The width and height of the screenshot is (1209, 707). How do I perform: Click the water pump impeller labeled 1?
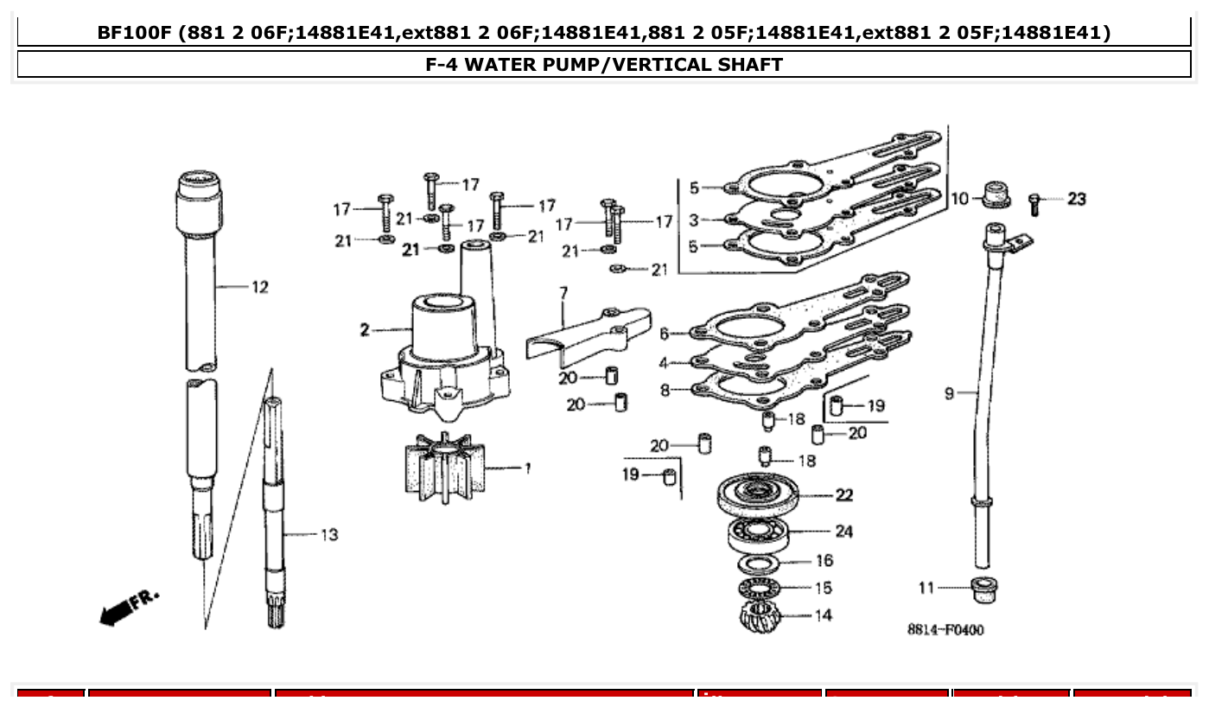[x=444, y=467]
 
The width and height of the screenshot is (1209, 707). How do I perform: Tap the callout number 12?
[x=259, y=287]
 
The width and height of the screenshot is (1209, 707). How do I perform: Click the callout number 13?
[x=328, y=535]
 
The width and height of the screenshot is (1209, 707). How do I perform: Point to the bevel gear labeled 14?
[x=760, y=617]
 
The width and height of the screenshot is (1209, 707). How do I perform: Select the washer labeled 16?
[x=760, y=564]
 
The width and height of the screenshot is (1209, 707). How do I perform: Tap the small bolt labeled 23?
[x=1034, y=204]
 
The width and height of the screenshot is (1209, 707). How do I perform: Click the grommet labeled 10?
[x=996, y=194]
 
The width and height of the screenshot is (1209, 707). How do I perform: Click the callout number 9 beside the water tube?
[x=949, y=394]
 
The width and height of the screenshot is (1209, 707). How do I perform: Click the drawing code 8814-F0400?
[x=945, y=630]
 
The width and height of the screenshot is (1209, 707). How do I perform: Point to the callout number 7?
[x=563, y=294]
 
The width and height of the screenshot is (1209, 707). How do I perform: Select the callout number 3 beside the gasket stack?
[x=693, y=220]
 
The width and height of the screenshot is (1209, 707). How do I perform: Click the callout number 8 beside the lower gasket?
[x=665, y=390]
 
